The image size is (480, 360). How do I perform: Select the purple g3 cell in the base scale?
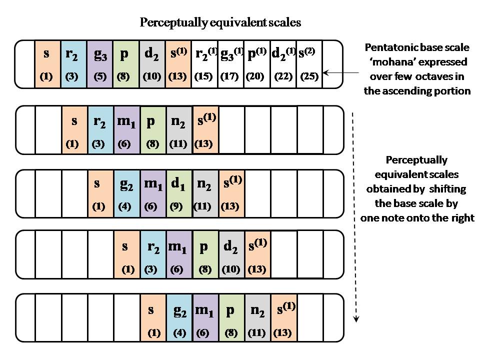[100, 64]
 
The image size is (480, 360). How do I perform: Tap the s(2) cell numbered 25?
[309, 64]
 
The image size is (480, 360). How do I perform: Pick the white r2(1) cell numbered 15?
[204, 64]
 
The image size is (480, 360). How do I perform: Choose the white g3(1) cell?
[231, 64]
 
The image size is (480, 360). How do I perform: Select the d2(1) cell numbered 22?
[283, 64]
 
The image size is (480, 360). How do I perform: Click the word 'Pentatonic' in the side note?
[388, 48]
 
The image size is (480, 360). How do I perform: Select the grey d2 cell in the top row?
[152, 64]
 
